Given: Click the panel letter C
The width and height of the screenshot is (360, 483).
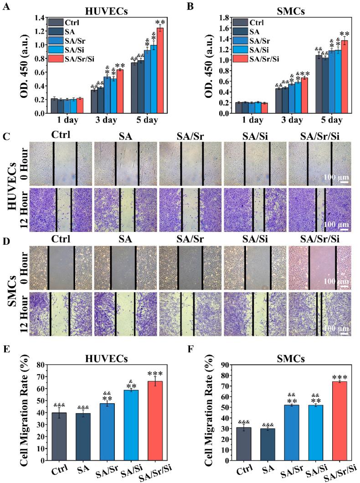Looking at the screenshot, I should click(6, 136).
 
